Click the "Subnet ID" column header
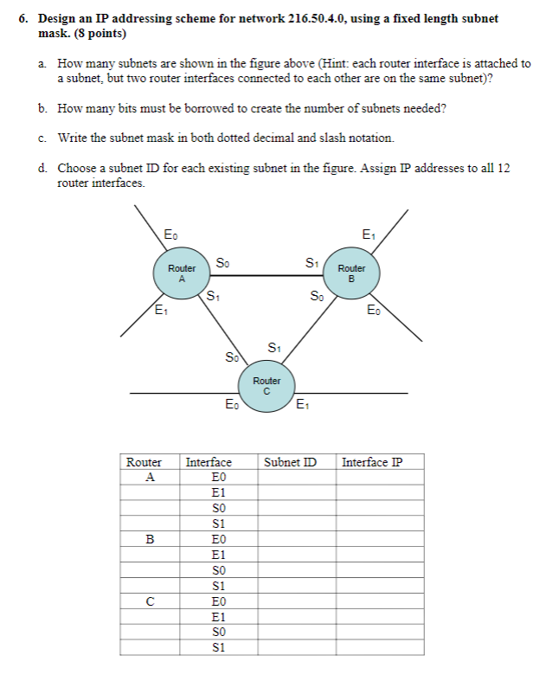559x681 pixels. tap(291, 462)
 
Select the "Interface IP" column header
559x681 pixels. tap(372, 462)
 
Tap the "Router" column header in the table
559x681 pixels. tap(145, 462)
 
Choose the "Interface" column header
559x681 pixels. tap(209, 462)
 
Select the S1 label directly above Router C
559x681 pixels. tap(274, 348)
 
